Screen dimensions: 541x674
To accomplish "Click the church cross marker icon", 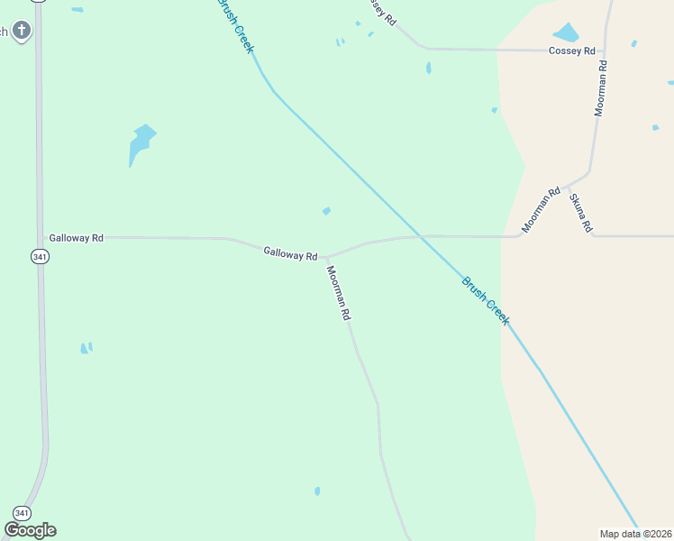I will (x=22, y=31).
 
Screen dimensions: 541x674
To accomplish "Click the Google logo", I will (x=30, y=530).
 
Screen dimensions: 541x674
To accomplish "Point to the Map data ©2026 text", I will (x=635, y=533).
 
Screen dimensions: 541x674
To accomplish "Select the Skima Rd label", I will (x=581, y=212).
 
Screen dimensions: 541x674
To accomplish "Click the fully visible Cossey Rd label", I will (x=572, y=50).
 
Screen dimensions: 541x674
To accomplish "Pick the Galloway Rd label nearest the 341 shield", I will (x=77, y=237).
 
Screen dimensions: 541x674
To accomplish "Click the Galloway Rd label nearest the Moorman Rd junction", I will (x=290, y=253).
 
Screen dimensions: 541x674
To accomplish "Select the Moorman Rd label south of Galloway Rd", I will (x=339, y=294).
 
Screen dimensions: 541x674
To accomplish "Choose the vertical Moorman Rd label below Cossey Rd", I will (x=601, y=88).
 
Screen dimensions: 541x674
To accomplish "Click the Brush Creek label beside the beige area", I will (x=486, y=301).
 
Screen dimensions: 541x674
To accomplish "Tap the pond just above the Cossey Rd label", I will (x=566, y=33).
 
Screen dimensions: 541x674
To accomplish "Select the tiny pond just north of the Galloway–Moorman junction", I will (x=326, y=211).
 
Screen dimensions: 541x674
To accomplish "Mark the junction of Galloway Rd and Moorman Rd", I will (x=325, y=257).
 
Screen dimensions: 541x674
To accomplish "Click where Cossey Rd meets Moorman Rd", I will (x=605, y=50).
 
